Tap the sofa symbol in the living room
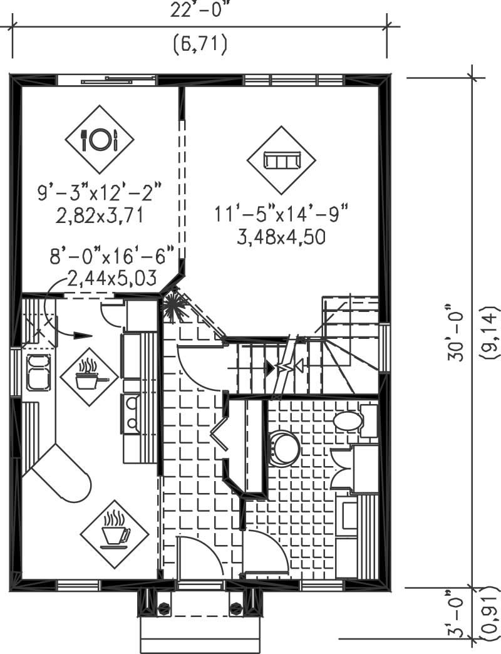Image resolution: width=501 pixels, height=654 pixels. [281, 160]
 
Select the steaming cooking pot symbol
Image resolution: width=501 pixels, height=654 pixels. [88, 376]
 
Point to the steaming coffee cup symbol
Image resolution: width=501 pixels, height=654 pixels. [115, 534]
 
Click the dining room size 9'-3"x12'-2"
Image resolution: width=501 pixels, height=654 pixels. [100, 192]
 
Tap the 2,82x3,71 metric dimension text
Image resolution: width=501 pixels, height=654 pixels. [100, 216]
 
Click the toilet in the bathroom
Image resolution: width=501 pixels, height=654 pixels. [348, 421]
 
